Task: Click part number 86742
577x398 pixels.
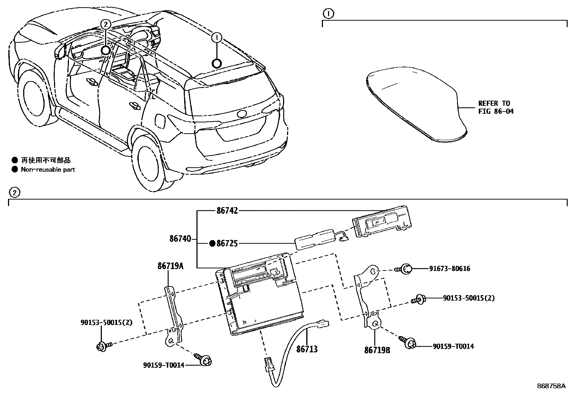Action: (227, 210)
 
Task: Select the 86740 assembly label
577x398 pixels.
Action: (180, 239)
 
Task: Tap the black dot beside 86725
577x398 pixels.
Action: (212, 243)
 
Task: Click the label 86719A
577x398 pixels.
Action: (170, 267)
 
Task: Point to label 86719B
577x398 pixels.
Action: (377, 350)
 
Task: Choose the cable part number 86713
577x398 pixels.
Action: (307, 349)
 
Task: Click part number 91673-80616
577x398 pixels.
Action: (450, 269)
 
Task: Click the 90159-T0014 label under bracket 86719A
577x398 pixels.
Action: (163, 365)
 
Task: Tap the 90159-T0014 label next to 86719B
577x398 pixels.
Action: (453, 346)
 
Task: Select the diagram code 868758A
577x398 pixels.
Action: (551, 386)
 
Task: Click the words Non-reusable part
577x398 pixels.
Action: (48, 169)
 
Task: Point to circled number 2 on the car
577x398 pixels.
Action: (105, 25)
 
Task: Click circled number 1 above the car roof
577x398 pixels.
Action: (216, 37)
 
